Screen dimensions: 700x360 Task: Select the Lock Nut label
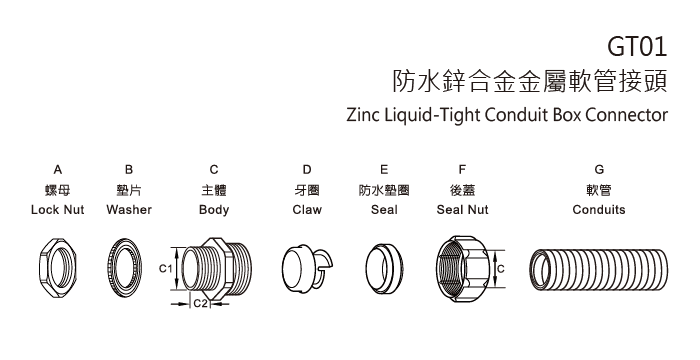click(x=58, y=211)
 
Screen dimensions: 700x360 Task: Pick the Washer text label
click(x=128, y=211)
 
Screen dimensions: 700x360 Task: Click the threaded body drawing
click(x=214, y=267)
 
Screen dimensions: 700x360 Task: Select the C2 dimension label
click(x=200, y=301)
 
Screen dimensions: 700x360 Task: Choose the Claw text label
click(x=307, y=211)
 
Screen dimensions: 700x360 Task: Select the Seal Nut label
click(x=462, y=211)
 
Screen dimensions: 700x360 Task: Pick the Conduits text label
click(x=599, y=211)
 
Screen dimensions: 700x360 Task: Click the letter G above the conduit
click(x=599, y=171)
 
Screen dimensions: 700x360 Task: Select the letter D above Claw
click(x=307, y=171)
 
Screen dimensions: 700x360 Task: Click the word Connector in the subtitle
click(x=625, y=113)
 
